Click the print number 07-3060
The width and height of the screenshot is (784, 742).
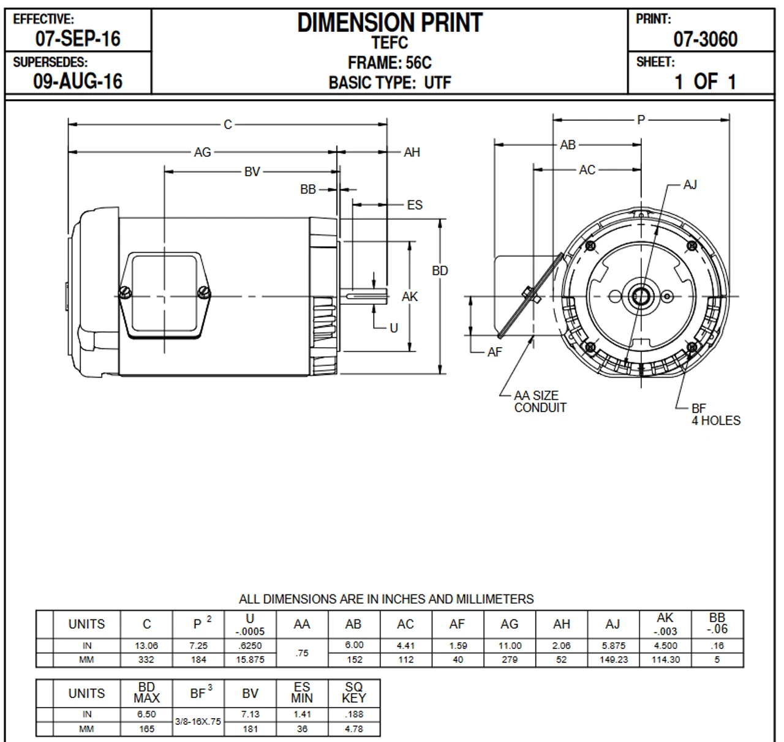[705, 39]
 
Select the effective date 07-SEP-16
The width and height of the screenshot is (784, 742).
[78, 39]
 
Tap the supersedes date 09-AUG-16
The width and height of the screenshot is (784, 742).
[78, 81]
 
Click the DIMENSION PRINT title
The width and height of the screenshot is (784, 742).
[390, 23]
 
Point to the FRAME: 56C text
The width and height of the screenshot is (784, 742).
[390, 63]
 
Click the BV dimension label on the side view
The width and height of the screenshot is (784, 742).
[252, 172]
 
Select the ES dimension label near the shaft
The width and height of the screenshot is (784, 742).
[415, 204]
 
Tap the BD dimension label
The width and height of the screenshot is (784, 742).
[440, 271]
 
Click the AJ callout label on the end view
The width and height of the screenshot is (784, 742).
[690, 184]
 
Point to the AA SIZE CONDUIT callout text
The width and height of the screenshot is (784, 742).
[539, 402]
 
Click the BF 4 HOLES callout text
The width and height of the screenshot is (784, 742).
[715, 414]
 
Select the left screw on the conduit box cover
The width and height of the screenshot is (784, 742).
[125, 293]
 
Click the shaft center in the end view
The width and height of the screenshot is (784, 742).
[641, 297]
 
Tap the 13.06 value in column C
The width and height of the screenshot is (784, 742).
[146, 646]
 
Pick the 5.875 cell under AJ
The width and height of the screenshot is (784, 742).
[613, 646]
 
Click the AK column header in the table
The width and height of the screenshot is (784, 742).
[665, 624]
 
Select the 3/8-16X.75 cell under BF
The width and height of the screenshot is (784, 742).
[198, 722]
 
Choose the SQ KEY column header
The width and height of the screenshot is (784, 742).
[354, 693]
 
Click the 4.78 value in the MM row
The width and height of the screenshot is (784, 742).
[354, 729]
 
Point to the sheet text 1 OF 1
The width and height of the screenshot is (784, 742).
[705, 81]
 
